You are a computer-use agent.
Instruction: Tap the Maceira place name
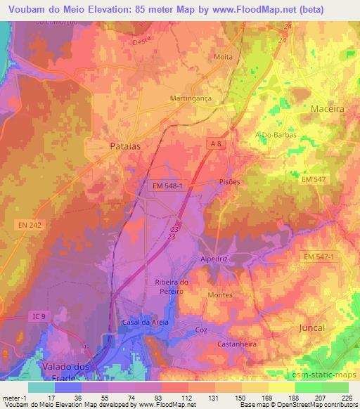[328, 110]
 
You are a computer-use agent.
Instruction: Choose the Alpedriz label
[216, 259]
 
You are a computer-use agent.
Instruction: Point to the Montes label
[219, 295]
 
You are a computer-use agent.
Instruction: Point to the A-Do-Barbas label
[276, 134]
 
